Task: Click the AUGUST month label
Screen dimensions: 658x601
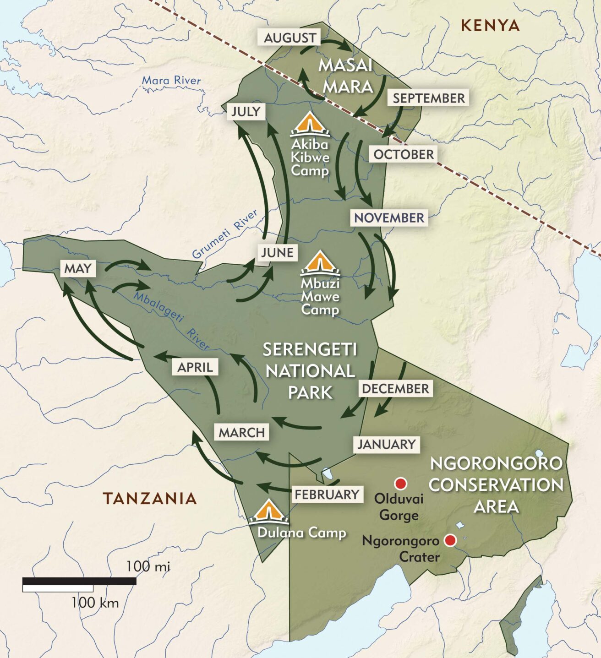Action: [x=290, y=38]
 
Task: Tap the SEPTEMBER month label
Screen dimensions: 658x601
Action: [x=429, y=98]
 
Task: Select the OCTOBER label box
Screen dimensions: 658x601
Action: [x=403, y=154]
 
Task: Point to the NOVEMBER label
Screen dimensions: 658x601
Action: [x=389, y=218]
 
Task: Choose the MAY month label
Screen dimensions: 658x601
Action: [x=78, y=268]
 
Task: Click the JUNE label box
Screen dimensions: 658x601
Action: [x=277, y=252]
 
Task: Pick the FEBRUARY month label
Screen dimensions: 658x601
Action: [x=327, y=495]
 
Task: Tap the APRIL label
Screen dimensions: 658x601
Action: [x=195, y=367]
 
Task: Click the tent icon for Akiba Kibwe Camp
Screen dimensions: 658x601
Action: [x=310, y=125]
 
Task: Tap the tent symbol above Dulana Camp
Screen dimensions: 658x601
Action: [x=269, y=512]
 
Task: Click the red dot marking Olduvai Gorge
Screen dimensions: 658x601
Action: [x=401, y=484]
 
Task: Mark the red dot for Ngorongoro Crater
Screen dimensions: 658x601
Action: [x=450, y=540]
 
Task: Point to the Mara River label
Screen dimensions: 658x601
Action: [x=171, y=81]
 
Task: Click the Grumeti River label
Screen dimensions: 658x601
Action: [x=224, y=234]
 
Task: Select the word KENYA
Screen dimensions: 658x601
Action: [x=490, y=26]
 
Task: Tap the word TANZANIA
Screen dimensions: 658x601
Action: [x=149, y=498]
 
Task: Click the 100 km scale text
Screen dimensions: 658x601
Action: [x=95, y=603]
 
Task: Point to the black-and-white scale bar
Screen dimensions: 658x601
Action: [x=79, y=584]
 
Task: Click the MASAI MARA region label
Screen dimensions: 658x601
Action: [x=346, y=76]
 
